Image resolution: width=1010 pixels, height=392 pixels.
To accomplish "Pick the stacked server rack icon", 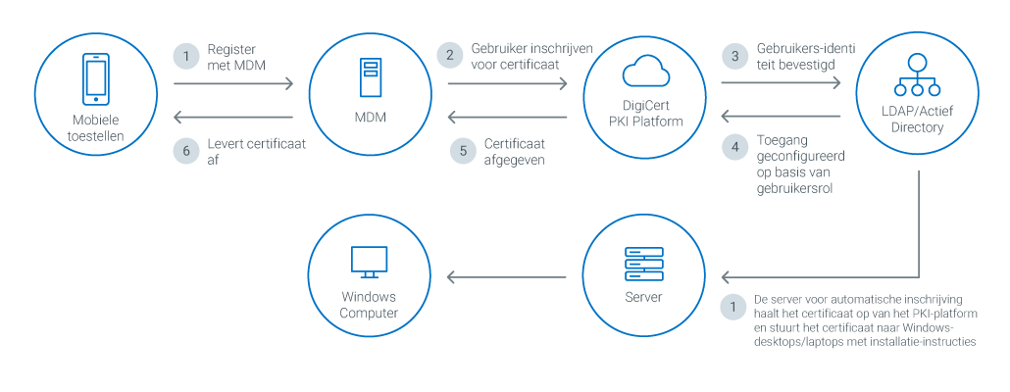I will click(x=643, y=263).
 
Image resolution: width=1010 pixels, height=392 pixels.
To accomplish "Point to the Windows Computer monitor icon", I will click(x=369, y=261).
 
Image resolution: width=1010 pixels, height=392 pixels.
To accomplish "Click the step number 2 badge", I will click(x=450, y=55).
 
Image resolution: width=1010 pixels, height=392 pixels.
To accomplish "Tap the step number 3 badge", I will click(x=732, y=55).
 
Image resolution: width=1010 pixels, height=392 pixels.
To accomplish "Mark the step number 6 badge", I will click(x=183, y=150).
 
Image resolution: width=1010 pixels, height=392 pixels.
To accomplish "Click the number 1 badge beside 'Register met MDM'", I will click(x=183, y=55).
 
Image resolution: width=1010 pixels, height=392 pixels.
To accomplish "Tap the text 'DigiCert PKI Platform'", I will click(x=643, y=114).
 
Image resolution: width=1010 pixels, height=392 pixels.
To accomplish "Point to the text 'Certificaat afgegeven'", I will click(x=515, y=151).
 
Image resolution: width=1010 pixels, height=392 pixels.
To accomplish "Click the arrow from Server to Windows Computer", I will click(x=507, y=277).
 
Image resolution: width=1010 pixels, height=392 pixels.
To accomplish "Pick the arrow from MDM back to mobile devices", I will click(x=233, y=118).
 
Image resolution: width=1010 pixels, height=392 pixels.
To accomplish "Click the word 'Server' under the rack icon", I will click(x=643, y=297).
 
